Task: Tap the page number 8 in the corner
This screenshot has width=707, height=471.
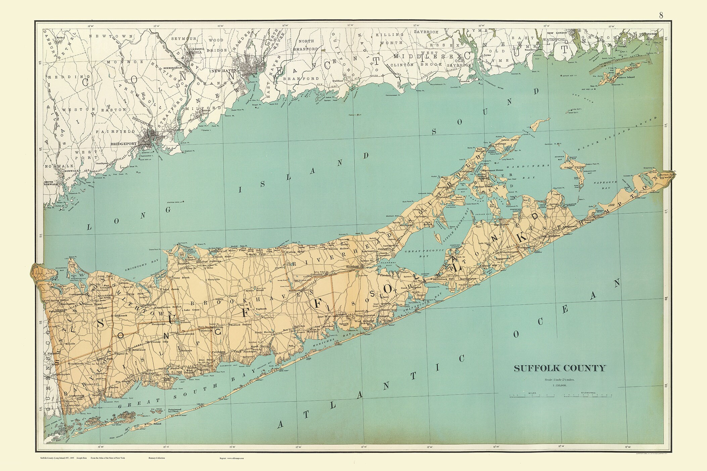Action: tap(661, 15)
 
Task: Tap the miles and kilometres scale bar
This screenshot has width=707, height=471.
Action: tap(559, 396)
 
